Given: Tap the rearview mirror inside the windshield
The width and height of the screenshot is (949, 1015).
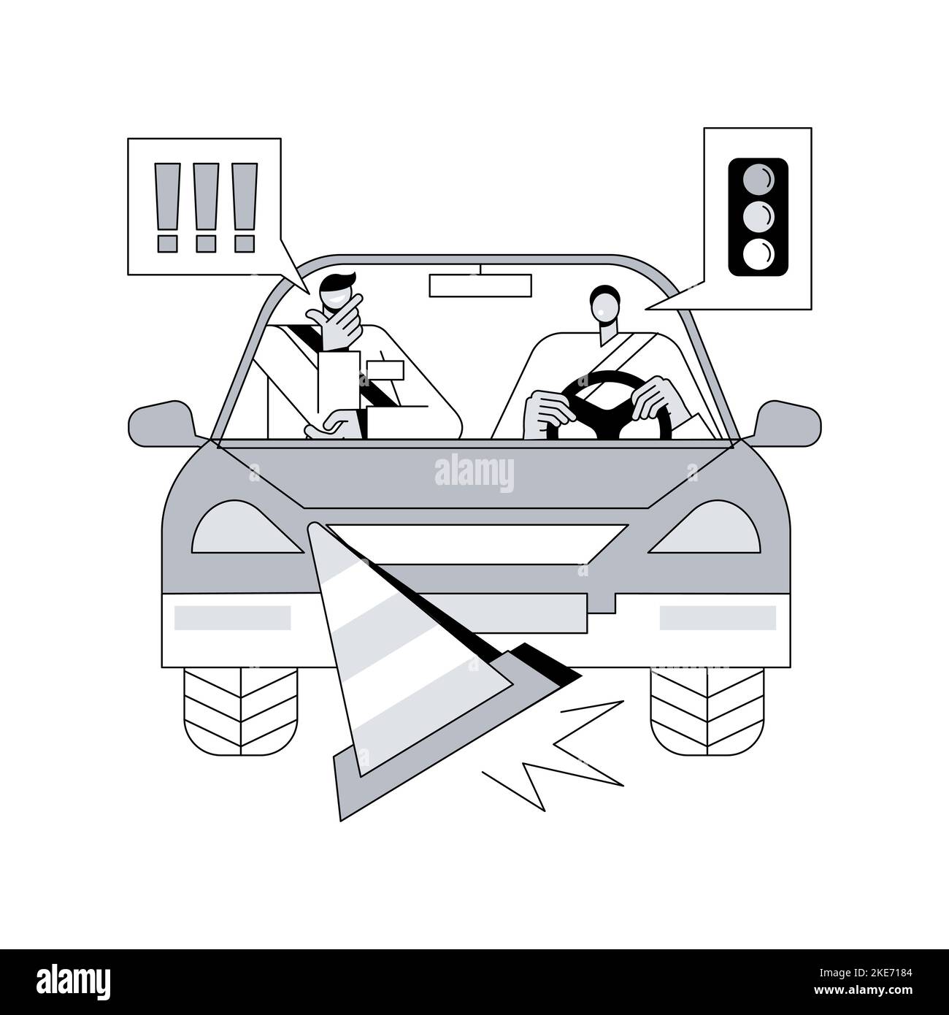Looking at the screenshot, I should tap(481, 286).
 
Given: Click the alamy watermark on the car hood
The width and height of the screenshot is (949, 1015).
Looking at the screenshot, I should tap(474, 473).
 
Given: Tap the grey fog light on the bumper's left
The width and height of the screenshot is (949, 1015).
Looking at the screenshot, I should tap(232, 618).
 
